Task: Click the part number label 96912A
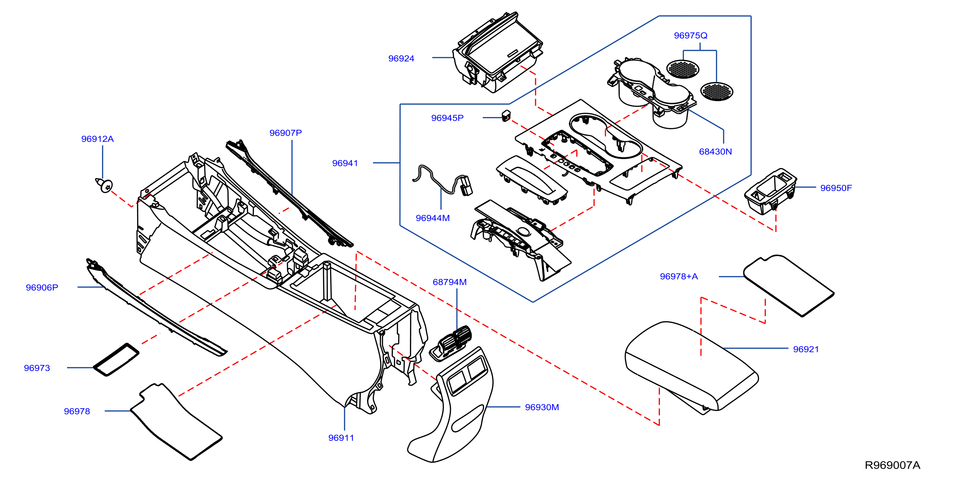(97, 139)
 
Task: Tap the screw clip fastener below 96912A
(104, 185)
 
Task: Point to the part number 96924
(401, 59)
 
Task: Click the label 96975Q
(691, 36)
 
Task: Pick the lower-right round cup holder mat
(717, 91)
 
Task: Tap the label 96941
(345, 163)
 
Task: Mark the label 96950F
(836, 188)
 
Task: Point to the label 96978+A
(679, 276)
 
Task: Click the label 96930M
(542, 407)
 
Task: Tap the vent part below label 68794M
(450, 343)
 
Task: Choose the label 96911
(341, 438)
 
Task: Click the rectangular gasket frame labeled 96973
(116, 359)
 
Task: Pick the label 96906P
(42, 288)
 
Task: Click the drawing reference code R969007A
(892, 465)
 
